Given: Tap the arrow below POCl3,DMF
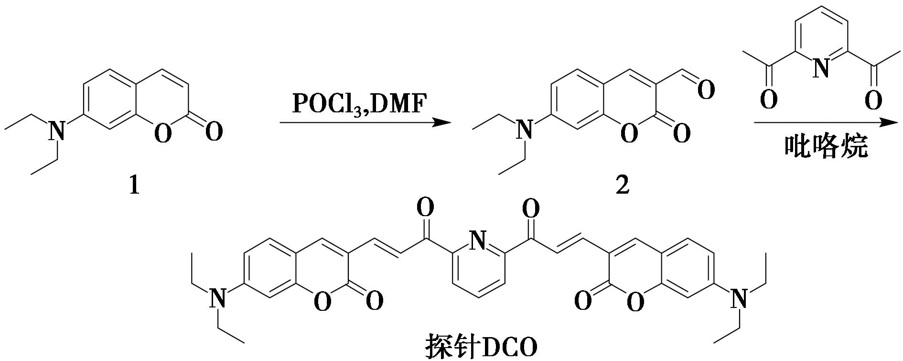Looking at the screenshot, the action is (365, 123).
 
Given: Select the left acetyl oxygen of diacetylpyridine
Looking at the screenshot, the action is (768, 100).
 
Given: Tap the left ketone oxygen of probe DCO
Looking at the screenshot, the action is (425, 208).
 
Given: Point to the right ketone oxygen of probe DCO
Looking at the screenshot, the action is (531, 208).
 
